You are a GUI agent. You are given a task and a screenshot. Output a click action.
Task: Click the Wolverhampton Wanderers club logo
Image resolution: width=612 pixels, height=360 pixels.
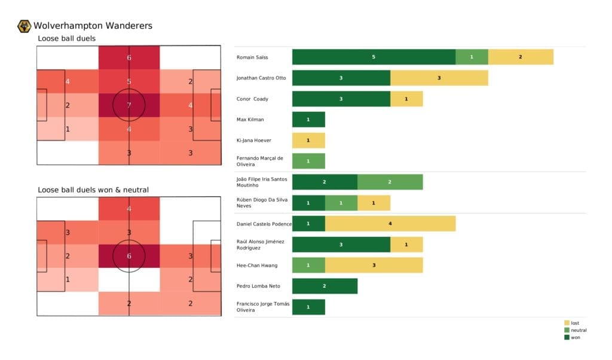click(x=25, y=26)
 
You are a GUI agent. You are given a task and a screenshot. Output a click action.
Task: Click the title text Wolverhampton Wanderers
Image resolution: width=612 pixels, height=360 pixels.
click(x=93, y=26)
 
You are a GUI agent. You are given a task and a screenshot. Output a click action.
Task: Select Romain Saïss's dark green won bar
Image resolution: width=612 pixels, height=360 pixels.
click(x=374, y=57)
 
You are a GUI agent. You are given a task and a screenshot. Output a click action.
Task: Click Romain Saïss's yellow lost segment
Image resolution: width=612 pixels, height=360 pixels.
click(x=521, y=57)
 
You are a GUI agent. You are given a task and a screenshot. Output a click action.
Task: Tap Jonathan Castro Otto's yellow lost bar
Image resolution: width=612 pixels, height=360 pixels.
click(x=439, y=78)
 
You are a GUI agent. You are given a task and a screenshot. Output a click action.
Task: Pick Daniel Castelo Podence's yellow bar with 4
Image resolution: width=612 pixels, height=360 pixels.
click(x=390, y=224)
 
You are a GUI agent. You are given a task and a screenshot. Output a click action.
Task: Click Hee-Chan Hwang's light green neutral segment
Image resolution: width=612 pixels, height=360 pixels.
click(x=308, y=265)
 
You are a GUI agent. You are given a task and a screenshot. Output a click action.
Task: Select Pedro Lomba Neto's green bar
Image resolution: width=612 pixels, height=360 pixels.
click(x=325, y=286)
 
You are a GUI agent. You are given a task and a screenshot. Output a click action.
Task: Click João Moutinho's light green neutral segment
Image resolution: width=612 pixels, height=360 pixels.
click(x=390, y=182)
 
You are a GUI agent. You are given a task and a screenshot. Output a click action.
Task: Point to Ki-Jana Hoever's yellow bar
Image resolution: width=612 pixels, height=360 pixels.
click(x=308, y=140)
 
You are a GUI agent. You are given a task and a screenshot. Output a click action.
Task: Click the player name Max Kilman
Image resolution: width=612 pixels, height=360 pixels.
click(x=251, y=120)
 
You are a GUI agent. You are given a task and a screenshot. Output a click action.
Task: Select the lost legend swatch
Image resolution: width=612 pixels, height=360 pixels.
click(x=567, y=323)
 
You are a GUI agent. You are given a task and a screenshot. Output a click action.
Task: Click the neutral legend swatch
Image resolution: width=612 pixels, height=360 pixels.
click(x=567, y=330)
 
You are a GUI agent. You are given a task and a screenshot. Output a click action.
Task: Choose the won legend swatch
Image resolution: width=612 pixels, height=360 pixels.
click(x=567, y=337)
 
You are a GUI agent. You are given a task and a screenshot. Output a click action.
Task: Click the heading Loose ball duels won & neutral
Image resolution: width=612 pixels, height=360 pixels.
click(x=93, y=190)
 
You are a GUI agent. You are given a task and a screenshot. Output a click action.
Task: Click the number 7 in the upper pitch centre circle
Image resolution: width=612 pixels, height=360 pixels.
click(x=128, y=105)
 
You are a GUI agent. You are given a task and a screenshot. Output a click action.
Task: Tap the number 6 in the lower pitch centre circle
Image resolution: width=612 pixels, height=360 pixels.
click(x=128, y=257)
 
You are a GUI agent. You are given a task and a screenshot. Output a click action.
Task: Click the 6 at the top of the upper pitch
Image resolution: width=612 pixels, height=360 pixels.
click(x=128, y=58)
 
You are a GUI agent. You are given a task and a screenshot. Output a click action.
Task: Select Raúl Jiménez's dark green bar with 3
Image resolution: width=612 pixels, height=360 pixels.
click(x=341, y=245)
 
